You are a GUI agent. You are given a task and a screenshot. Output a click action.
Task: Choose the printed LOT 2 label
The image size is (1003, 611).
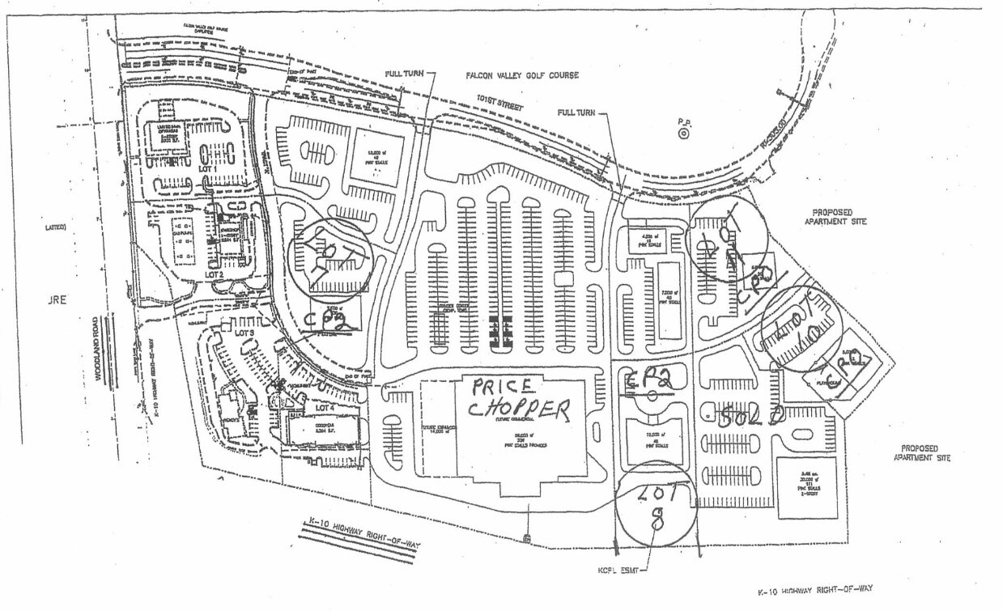(214, 274)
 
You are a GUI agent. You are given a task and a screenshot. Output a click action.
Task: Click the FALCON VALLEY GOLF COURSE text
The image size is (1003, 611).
(522, 75)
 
